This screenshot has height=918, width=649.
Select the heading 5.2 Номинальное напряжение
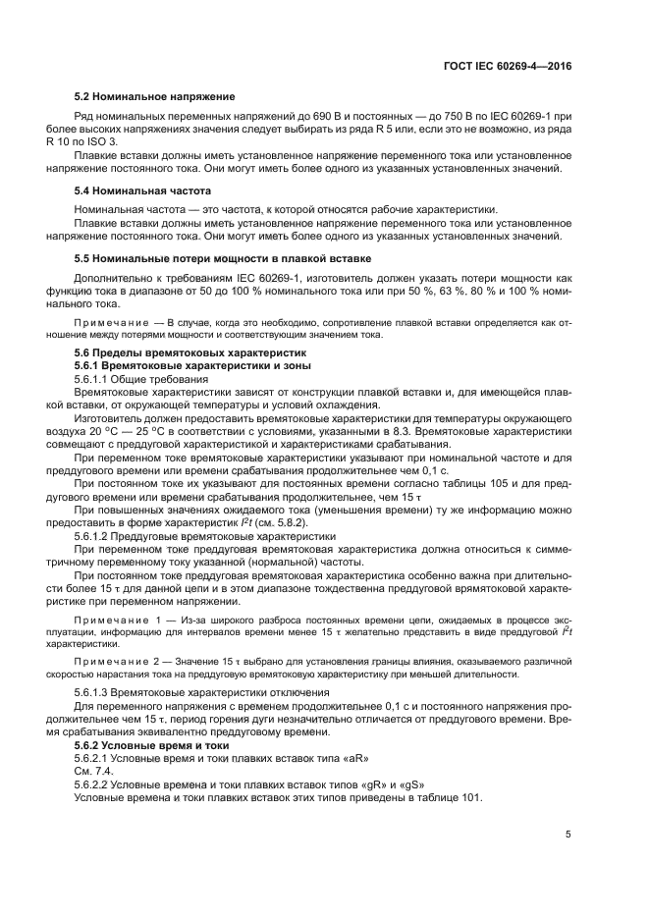click(x=155, y=96)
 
